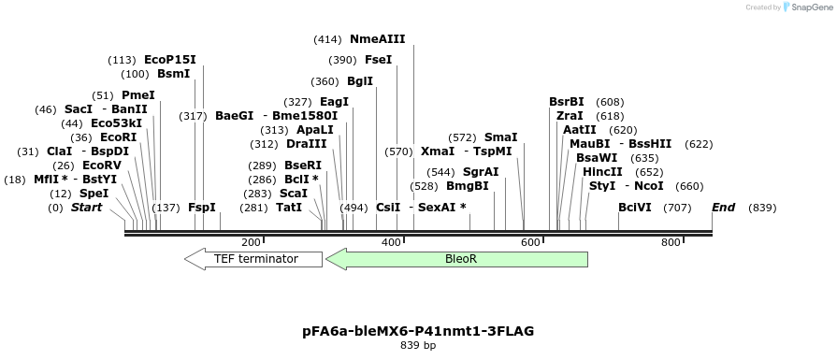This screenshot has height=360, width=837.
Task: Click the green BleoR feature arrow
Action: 456,259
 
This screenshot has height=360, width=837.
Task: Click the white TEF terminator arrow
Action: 249,259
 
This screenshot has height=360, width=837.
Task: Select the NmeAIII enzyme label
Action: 377,40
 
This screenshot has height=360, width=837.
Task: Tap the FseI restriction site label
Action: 378,61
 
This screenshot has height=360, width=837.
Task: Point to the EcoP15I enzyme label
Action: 170,60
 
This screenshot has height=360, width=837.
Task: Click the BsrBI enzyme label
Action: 567,102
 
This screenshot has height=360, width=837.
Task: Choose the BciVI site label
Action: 635,208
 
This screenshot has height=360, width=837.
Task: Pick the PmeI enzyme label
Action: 138,95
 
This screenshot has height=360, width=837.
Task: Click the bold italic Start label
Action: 87,208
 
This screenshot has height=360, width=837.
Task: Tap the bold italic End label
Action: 724,208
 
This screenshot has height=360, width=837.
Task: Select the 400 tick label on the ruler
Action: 391,243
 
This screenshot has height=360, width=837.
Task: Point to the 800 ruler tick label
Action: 671,243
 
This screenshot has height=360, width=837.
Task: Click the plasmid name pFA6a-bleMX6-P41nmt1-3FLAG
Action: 418,331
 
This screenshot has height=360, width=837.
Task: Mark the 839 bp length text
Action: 418,346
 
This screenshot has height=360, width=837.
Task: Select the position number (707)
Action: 677,208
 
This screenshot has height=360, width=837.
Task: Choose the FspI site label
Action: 201,208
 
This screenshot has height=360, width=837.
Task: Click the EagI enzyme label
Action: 334,102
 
